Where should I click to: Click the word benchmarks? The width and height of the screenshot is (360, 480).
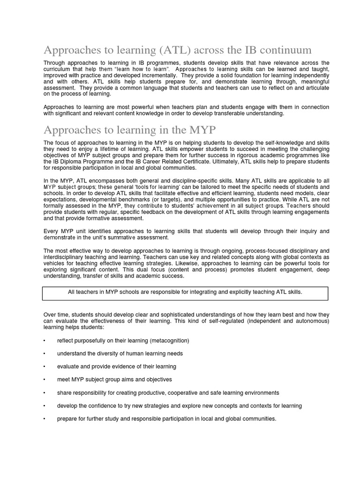tap(133, 200)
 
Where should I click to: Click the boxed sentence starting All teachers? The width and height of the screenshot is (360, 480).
tap(185, 292)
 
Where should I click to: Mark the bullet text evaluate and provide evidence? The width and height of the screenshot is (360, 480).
tap(117, 367)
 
